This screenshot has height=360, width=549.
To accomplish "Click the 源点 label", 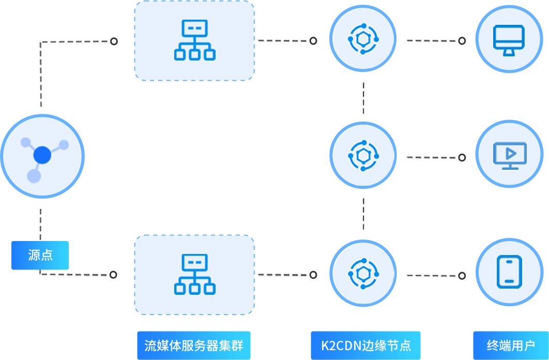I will [x=40, y=255].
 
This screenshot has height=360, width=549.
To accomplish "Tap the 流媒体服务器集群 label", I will [x=194, y=345].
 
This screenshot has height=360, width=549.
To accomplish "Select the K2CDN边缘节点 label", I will [x=366, y=345].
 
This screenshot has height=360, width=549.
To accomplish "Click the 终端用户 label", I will [x=511, y=345].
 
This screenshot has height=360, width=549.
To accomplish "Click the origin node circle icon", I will [x=42, y=156].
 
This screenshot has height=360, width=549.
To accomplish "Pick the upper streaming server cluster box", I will [x=194, y=40].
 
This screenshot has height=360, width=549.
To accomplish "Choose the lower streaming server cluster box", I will [x=194, y=275].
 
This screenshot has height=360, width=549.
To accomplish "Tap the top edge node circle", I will [x=363, y=39].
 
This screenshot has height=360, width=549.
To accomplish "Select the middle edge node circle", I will [x=363, y=156].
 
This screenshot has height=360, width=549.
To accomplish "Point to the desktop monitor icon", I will [x=509, y=39].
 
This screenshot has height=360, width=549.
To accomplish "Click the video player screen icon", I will [x=509, y=156].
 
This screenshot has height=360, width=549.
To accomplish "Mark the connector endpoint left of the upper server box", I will [x=114, y=41].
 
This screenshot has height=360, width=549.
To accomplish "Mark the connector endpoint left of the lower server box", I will [x=113, y=275].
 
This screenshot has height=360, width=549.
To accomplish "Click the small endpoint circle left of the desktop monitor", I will [x=462, y=40].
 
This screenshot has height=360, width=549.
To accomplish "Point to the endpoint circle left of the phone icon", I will [x=462, y=276].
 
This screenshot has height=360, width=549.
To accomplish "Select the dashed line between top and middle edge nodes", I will [x=364, y=98].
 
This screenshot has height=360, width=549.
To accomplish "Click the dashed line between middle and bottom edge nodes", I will [x=364, y=214].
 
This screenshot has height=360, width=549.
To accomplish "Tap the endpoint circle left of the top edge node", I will [x=313, y=41].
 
